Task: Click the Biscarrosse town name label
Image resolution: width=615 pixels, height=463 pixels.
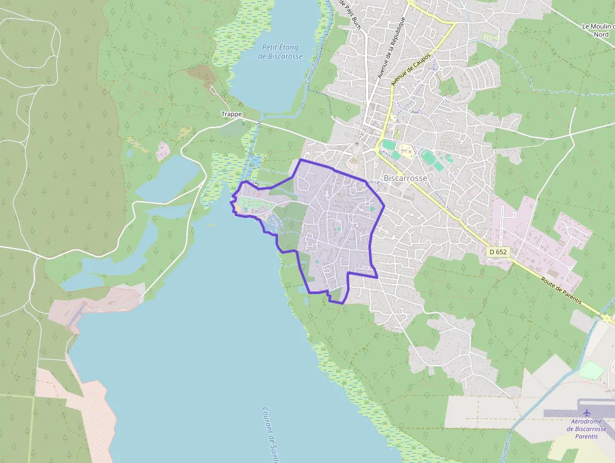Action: [405, 178]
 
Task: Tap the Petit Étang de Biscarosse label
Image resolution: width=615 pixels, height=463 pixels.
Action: [281, 52]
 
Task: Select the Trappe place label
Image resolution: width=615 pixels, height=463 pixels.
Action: [231, 114]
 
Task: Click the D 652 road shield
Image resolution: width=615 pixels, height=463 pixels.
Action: [497, 252]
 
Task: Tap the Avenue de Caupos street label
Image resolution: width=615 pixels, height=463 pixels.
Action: [411, 68]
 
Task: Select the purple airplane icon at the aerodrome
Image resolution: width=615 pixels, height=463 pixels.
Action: [587, 413]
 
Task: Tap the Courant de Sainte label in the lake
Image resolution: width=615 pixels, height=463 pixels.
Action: [270, 433]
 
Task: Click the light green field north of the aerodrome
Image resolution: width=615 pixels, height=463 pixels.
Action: [591, 370]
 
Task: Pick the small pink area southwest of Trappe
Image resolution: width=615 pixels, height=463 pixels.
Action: [163, 150]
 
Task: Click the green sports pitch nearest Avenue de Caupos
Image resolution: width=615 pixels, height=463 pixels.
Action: [390, 145]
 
